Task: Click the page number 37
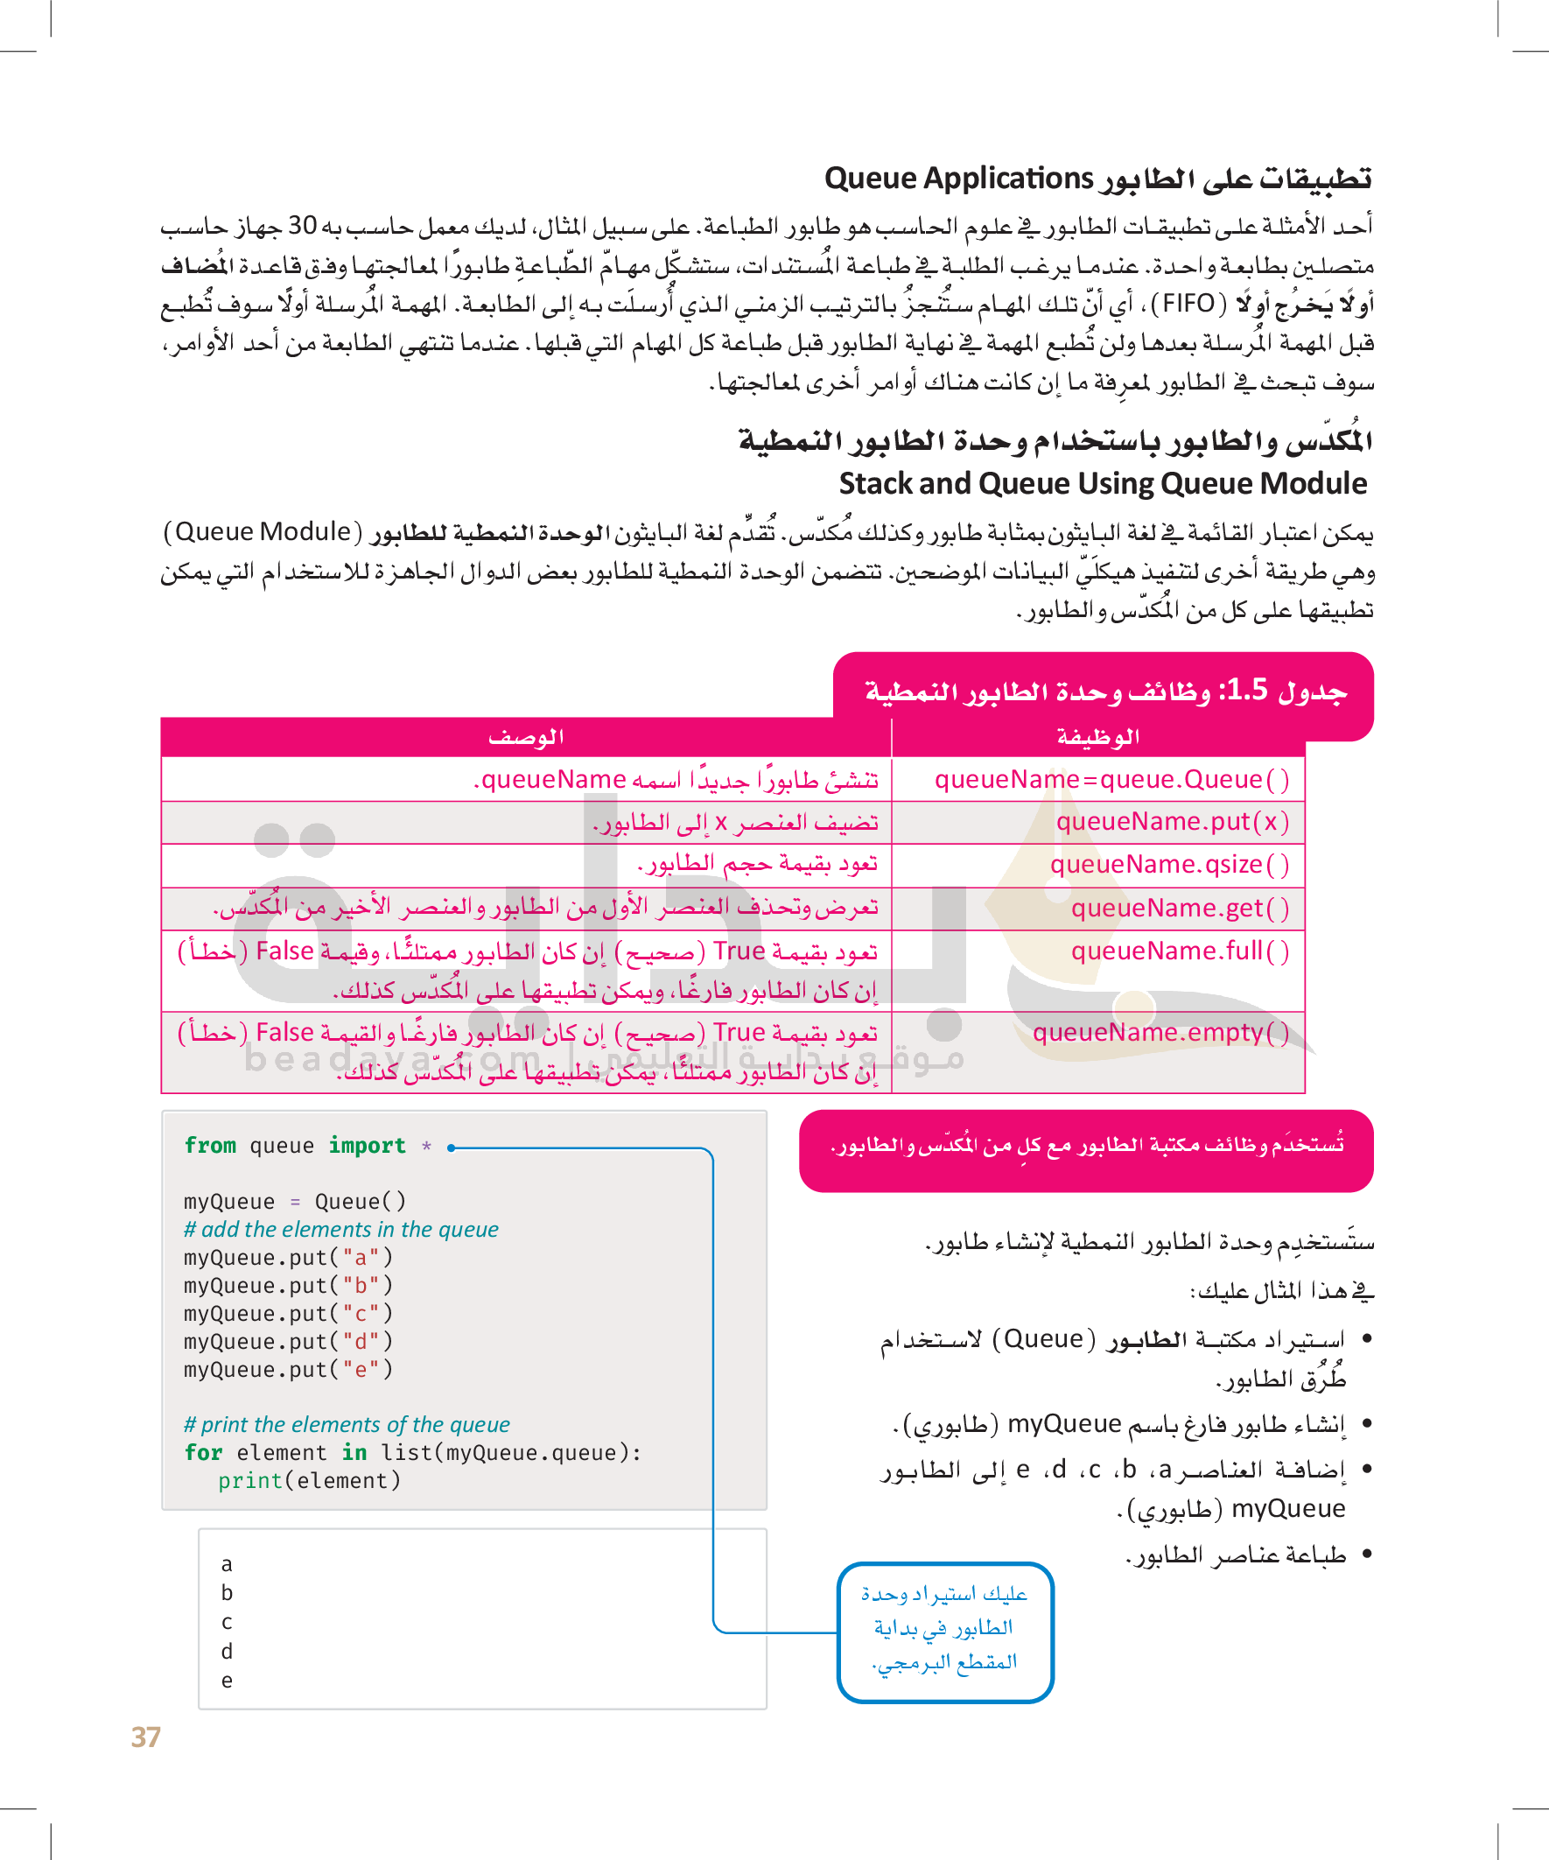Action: click(x=146, y=1737)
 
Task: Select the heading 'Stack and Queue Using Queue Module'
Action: click(x=1103, y=483)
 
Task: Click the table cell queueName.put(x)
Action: click(x=1172, y=822)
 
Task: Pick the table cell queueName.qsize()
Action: click(x=1169, y=865)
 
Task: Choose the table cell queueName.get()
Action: click(x=1180, y=908)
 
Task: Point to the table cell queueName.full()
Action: click(x=1180, y=951)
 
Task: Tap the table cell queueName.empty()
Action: click(x=1160, y=1033)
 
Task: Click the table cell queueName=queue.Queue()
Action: click(x=1111, y=779)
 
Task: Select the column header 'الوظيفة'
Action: click(x=1098, y=737)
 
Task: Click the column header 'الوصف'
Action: click(x=526, y=737)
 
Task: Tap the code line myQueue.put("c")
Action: click(x=288, y=1314)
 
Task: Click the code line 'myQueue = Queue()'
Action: click(x=295, y=1202)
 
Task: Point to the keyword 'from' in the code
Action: click(x=210, y=1146)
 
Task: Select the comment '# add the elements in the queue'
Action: click(x=341, y=1230)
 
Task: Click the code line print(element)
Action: click(x=309, y=1481)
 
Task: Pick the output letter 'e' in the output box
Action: click(x=228, y=1681)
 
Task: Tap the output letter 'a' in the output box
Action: click(x=228, y=1564)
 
